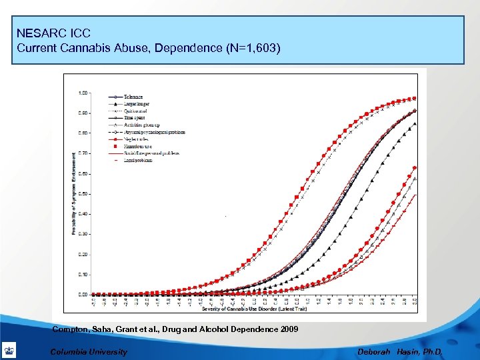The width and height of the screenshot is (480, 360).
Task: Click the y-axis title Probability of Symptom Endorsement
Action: pyautogui.click(x=73, y=193)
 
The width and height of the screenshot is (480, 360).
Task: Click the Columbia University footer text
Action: pyautogui.click(x=89, y=351)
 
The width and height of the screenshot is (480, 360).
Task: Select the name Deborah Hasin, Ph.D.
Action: pyautogui.click(x=399, y=351)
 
